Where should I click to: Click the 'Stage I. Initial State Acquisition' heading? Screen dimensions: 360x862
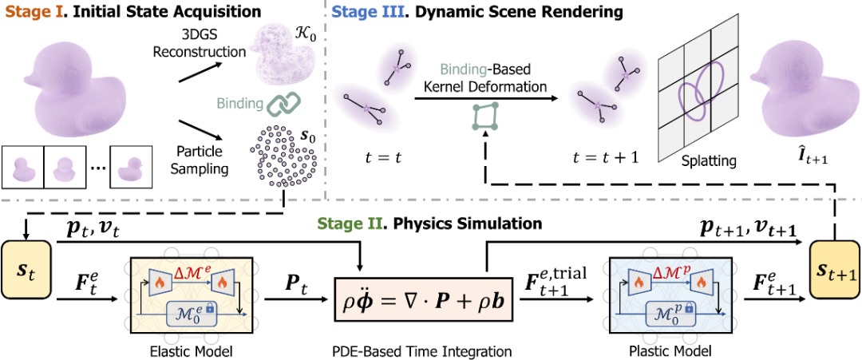pos(131,13)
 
